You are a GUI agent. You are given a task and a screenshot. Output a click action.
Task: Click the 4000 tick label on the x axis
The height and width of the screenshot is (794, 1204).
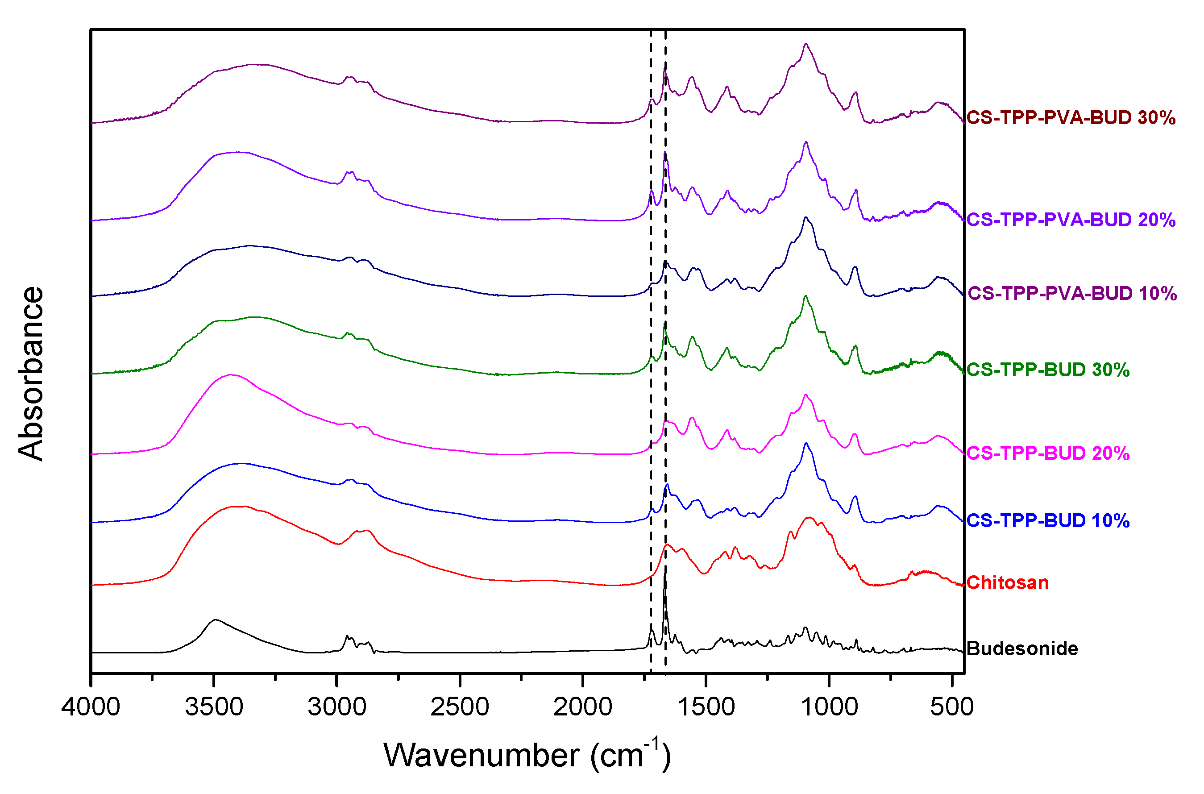[91, 707]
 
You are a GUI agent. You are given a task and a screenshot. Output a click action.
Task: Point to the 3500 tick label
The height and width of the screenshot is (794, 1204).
[214, 707]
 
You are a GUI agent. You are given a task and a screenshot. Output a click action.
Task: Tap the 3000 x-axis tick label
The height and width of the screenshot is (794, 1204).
[337, 707]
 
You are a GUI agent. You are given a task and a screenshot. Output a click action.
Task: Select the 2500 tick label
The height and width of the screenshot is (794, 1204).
[460, 707]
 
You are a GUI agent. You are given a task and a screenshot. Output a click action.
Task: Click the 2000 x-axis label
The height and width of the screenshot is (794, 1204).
[583, 707]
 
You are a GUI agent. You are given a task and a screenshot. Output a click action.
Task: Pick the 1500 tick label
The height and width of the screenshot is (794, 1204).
[706, 707]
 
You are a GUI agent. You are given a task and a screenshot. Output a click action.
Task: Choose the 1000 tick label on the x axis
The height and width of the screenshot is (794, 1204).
[829, 707]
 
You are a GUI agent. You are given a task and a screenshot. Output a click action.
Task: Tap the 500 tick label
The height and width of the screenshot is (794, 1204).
[952, 707]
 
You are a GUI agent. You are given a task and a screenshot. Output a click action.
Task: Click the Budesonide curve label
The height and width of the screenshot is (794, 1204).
[1022, 649]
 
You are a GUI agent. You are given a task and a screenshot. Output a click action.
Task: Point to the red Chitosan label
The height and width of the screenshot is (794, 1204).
[1007, 583]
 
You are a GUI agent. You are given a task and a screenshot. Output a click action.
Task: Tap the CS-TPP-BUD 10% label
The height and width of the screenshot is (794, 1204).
[1047, 520]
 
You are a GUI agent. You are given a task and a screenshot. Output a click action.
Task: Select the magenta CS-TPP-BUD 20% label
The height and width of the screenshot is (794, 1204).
[1047, 453]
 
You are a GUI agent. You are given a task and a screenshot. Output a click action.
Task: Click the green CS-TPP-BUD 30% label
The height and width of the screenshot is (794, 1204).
[1047, 370]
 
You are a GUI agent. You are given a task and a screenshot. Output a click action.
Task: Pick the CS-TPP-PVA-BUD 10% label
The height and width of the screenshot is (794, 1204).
[1071, 294]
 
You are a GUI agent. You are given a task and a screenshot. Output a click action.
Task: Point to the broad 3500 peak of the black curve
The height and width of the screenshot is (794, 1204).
[216, 620]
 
